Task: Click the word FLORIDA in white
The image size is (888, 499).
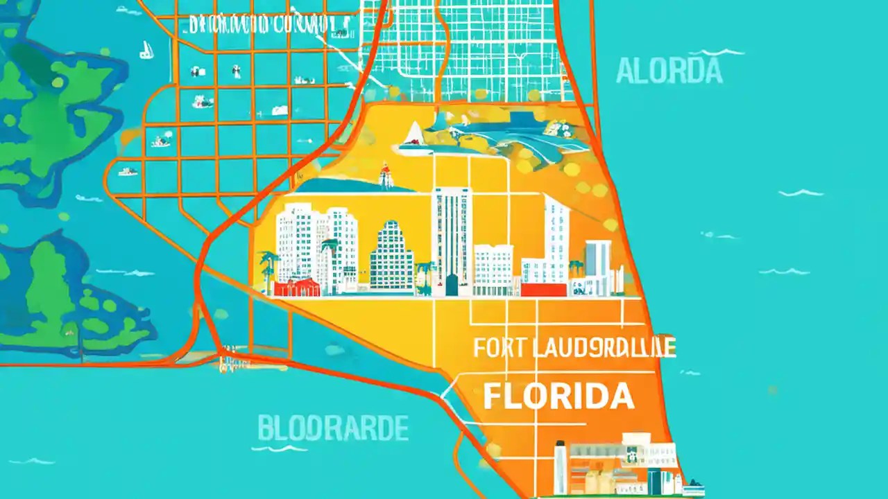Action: [558, 396]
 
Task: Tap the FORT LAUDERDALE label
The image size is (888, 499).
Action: [574, 348]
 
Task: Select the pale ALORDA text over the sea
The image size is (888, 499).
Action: [669, 71]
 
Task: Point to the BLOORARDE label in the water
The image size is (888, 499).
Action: [333, 429]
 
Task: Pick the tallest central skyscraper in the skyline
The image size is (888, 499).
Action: [451, 239]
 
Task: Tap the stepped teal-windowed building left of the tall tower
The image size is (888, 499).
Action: [391, 256]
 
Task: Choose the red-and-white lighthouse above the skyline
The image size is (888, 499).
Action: [385, 177]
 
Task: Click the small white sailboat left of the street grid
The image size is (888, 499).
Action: [146, 49]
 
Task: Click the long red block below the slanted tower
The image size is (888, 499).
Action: [544, 290]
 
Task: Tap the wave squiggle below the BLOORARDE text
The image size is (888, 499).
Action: [289, 448]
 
